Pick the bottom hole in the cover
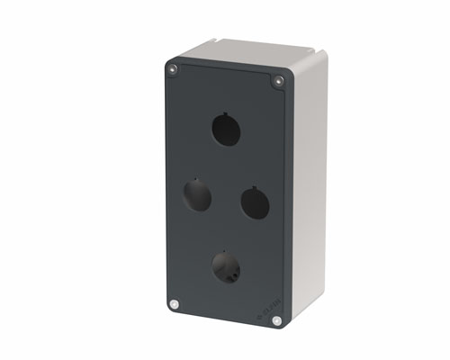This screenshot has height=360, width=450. pos(225,265)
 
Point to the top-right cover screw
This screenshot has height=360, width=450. pos(278,82)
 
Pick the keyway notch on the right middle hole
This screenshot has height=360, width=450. pos(254,186)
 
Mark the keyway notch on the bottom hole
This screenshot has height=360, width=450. pos(225,250)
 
